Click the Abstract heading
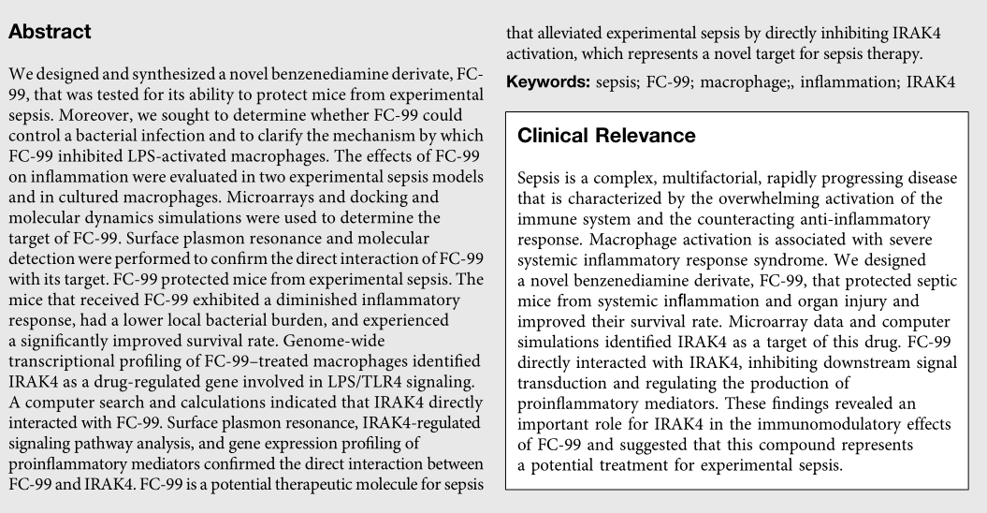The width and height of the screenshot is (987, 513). [50, 32]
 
